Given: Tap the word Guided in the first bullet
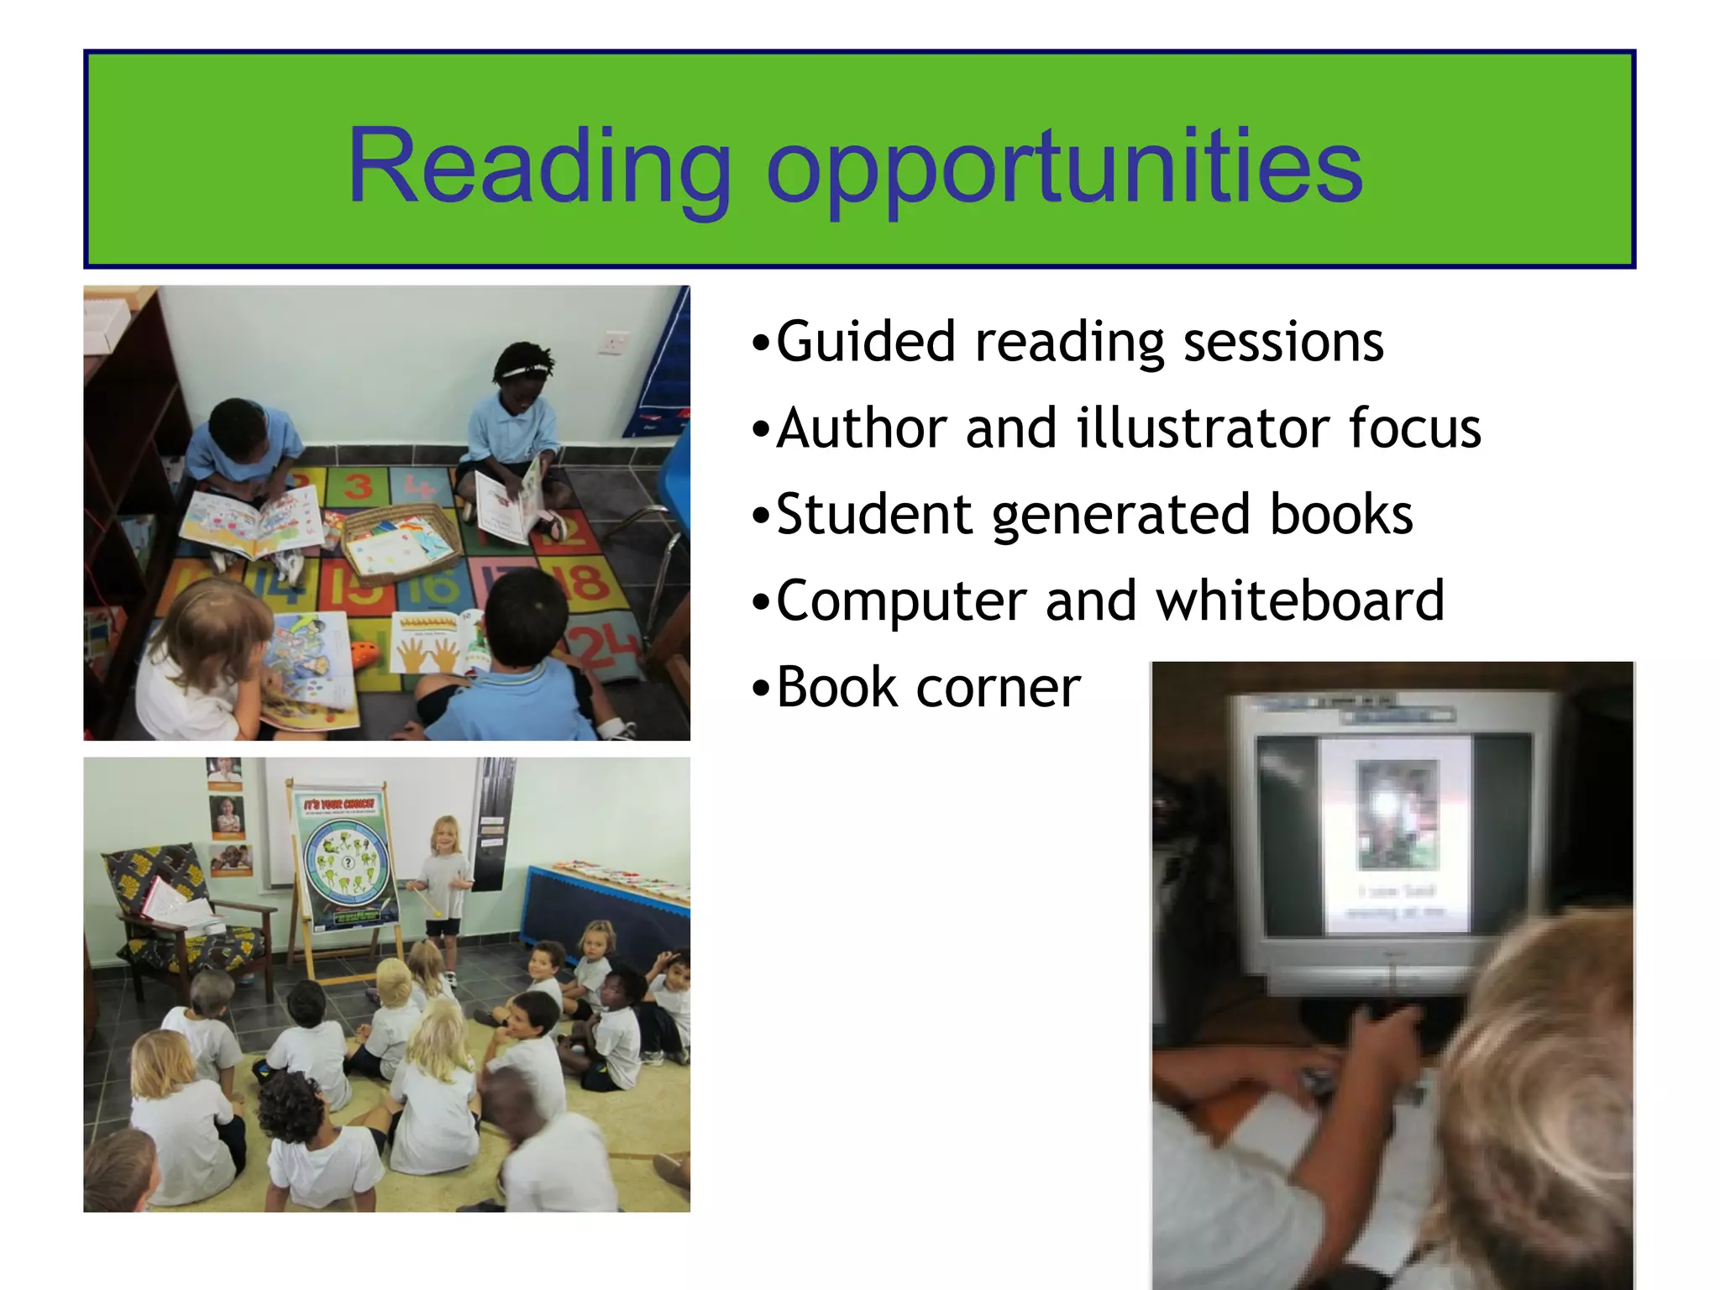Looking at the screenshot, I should pos(865,343).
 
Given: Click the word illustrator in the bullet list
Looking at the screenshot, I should pos(1203,428).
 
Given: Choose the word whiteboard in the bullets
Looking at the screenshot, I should pos(1300,600).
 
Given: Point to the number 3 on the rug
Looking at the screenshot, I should pos(358,485).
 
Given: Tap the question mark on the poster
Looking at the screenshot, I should pos(347,863).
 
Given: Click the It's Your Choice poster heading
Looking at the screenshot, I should pos(339,804).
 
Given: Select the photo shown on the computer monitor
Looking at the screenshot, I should pos(1397,814).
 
